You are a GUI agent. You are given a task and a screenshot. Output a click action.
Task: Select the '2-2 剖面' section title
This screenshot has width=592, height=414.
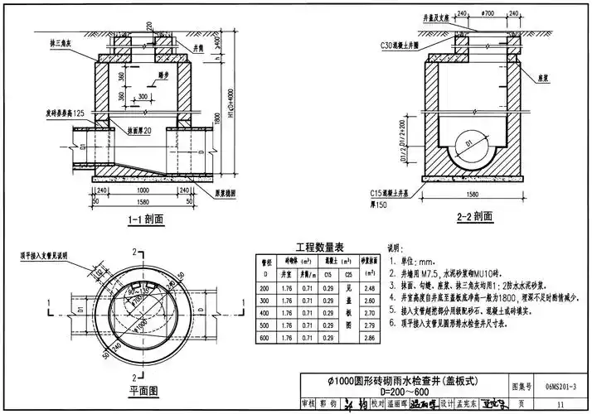click(x=474, y=217)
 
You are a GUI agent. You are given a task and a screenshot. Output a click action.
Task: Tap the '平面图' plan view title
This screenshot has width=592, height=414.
click(x=143, y=389)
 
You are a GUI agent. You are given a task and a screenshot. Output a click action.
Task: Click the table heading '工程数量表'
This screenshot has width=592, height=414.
click(x=314, y=246)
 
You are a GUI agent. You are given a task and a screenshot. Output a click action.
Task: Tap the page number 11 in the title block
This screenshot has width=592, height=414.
click(x=561, y=403)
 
